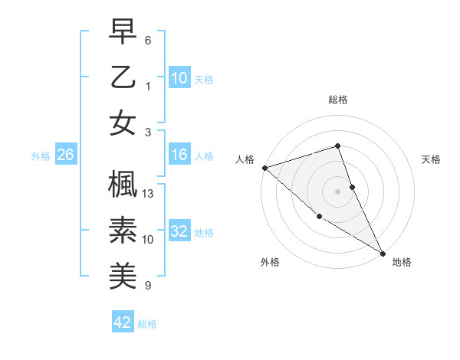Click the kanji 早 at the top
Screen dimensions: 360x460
[122, 32]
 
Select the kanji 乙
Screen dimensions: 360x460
[122, 77]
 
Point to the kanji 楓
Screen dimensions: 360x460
[122, 184]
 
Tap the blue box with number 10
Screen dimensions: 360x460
[179, 77]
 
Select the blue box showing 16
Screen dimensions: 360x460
[179, 155]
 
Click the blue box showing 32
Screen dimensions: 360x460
[179, 231]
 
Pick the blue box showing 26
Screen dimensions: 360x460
[66, 155]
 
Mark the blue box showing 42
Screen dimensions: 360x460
[123, 322]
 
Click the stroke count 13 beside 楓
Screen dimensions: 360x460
[149, 194]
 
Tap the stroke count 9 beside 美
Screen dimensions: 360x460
[148, 286]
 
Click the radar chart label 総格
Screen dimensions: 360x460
[338, 100]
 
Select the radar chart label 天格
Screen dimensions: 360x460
[432, 159]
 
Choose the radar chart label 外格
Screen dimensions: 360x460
[270, 262]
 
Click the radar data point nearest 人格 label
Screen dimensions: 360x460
[264, 168]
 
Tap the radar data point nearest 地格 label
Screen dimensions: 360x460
[383, 253]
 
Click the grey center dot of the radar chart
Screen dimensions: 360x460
[338, 191]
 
